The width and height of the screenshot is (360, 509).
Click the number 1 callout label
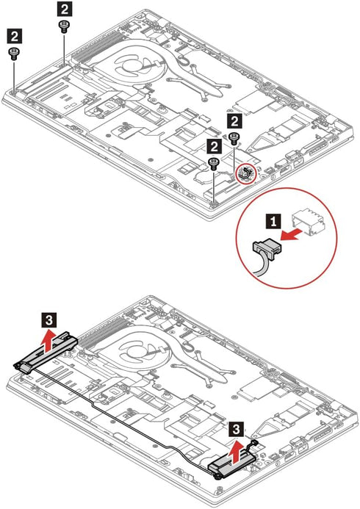coord(273,222)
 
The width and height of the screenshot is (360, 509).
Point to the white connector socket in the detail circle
coord(309,223)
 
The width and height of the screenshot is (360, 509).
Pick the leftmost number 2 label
coord(15,36)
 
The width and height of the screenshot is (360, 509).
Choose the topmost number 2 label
coord(65,9)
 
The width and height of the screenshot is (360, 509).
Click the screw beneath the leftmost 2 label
coord(13,54)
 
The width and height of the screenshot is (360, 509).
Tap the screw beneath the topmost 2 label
coord(63,26)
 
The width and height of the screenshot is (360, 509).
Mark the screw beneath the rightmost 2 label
coord(234,139)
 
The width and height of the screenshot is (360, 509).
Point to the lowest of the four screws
coord(213,165)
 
